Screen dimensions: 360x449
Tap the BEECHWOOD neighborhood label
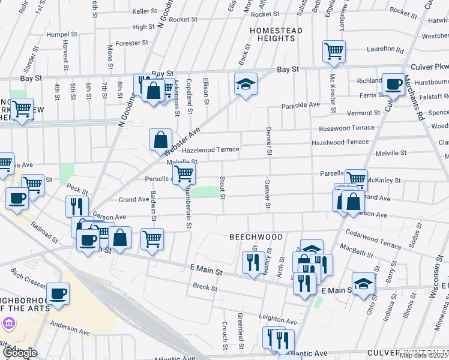(256, 237)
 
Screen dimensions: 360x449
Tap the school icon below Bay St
(245, 83)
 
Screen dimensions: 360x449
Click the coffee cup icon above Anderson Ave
(58, 293)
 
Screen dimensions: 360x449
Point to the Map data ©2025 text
(423, 355)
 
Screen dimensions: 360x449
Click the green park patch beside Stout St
(207, 191)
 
